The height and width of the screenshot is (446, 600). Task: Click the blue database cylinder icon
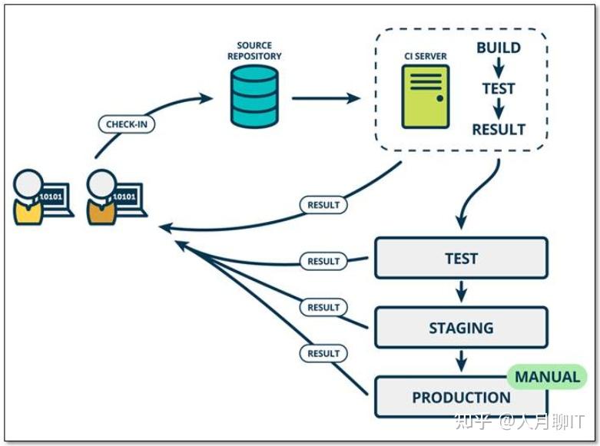pos(254,96)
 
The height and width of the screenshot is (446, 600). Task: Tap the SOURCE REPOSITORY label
pos(254,51)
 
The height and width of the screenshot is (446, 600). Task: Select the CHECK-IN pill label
pos(127,124)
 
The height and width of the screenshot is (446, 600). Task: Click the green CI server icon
pos(425,96)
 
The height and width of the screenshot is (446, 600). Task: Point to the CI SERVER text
pos(426,56)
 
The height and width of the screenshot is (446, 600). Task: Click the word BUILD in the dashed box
pos(498,48)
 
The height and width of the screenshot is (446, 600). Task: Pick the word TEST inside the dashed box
pos(499,88)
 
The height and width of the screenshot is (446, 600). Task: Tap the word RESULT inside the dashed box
pos(499,129)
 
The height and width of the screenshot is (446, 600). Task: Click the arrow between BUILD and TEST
pos(499,68)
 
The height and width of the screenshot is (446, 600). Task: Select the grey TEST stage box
pos(461,259)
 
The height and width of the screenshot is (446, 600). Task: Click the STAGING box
pos(461,328)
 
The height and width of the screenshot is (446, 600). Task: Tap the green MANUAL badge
pos(547,377)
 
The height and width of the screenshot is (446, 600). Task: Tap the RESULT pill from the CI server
pos(323,206)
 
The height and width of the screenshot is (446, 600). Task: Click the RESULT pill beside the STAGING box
pos(323,307)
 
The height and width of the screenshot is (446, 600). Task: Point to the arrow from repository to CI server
pos(326,98)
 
